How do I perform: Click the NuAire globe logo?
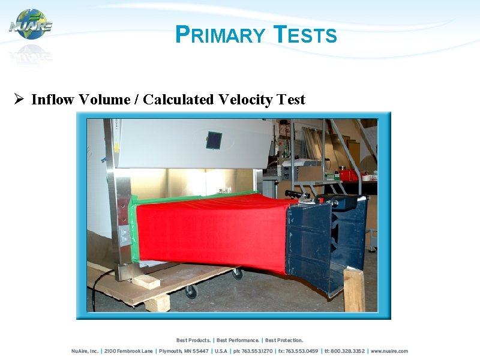pos(31,25)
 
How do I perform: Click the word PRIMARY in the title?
pos(220,35)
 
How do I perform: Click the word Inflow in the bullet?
pos(50,100)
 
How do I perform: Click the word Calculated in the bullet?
pos(178,100)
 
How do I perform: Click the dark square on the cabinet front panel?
pos(214,140)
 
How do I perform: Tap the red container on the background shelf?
pos(348,175)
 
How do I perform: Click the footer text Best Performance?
pos(238,340)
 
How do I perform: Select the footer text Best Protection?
pos(284,340)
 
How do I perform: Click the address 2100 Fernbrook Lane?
pos(129,351)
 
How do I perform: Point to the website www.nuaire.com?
pos(389,351)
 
